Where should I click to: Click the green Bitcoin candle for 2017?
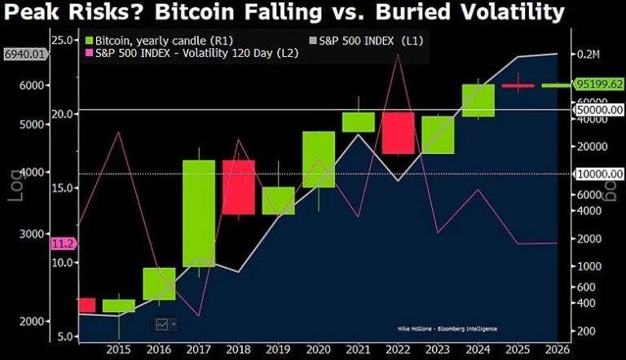coord(198,213)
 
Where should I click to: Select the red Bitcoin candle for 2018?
coord(239,187)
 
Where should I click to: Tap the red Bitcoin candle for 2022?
coord(398,133)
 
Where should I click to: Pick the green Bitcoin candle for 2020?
coord(319,159)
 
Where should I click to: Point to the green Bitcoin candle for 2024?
coord(478,100)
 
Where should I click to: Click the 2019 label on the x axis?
coord(279,349)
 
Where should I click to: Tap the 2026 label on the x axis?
coord(557,349)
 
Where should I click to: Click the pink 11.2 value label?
coord(63,244)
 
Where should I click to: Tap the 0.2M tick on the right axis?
coord(588,54)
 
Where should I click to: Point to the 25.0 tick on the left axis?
coord(62,39)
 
